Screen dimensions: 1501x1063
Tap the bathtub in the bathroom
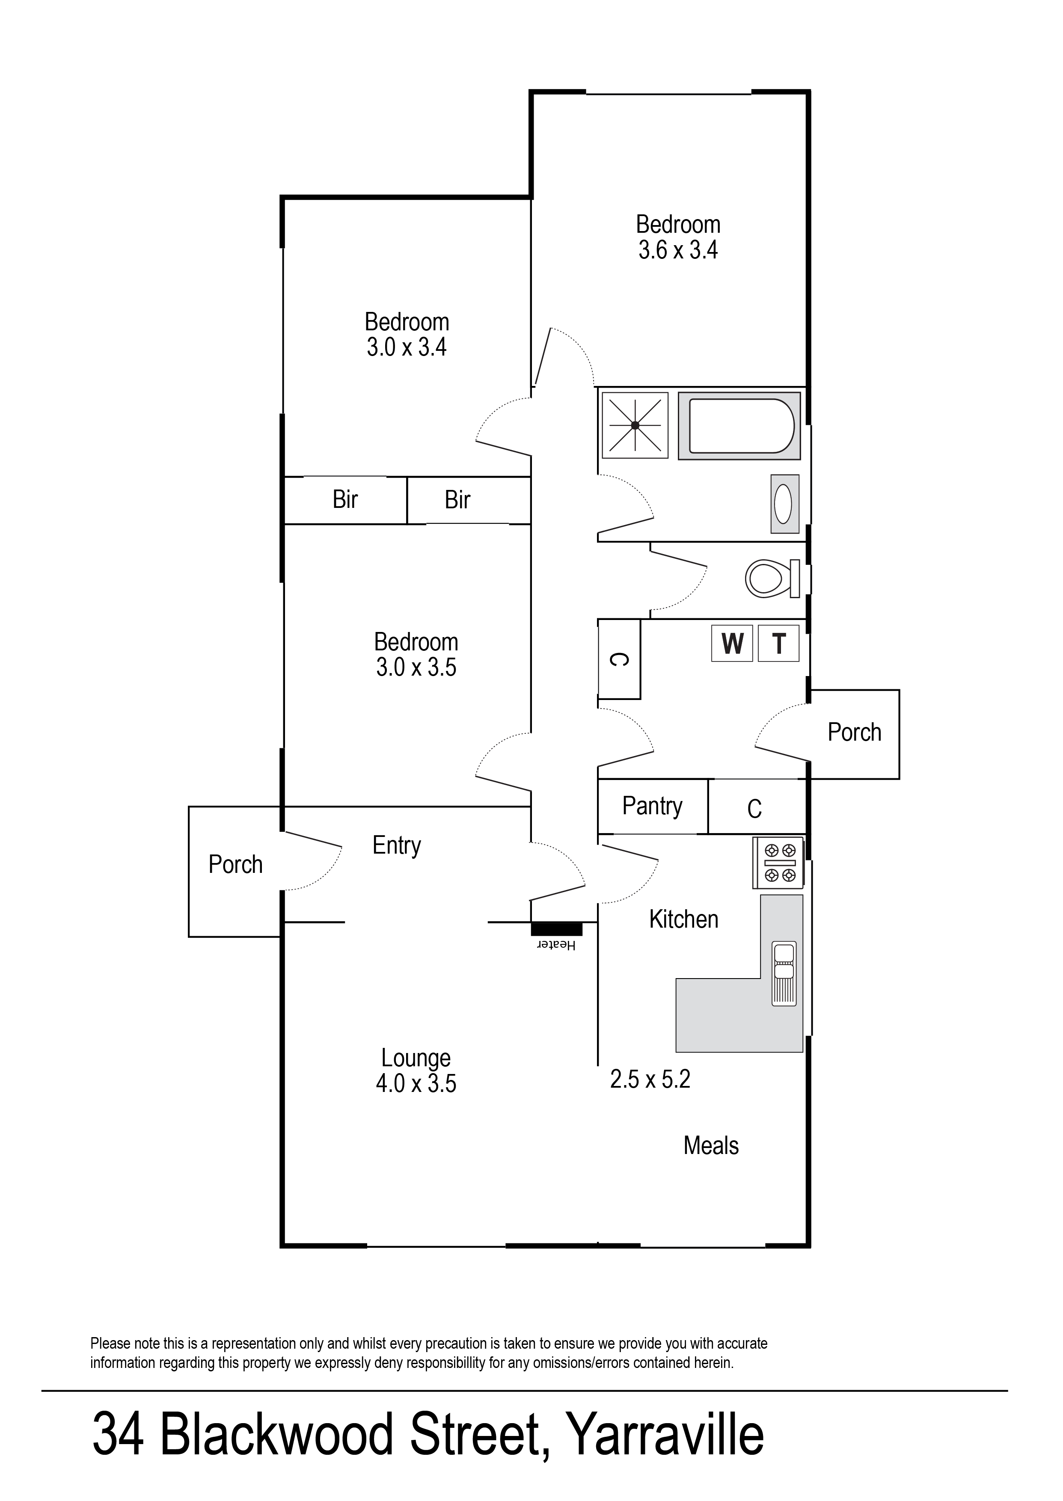tap(739, 426)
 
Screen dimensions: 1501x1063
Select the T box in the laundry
tap(778, 644)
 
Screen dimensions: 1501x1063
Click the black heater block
tap(556, 928)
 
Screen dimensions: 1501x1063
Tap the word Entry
tap(397, 845)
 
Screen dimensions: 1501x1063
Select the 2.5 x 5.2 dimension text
tap(650, 1079)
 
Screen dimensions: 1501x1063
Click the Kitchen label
tap(683, 920)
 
